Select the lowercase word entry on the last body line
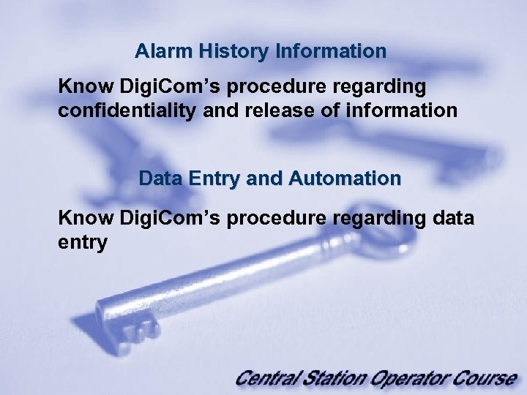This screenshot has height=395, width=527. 82,242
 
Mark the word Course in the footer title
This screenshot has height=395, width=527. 483,378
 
